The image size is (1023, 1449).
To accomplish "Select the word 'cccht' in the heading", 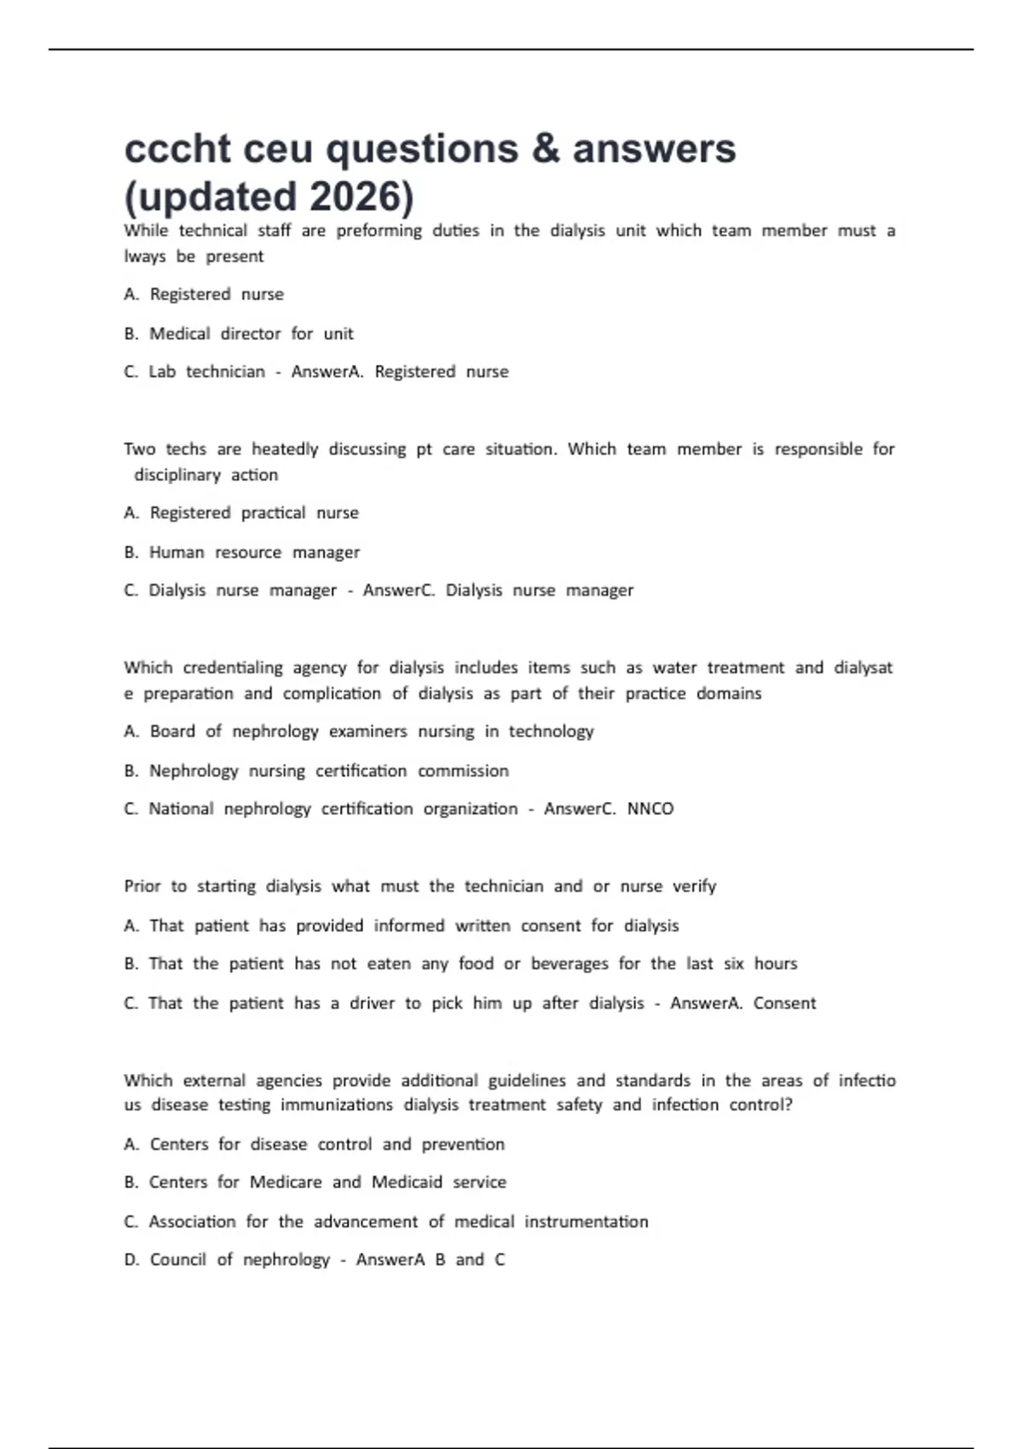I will click(x=177, y=149).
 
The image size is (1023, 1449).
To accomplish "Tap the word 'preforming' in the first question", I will click(x=379, y=231).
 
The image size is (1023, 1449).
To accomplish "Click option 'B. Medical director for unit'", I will click(x=239, y=333).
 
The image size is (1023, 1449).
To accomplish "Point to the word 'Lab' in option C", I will click(x=162, y=372).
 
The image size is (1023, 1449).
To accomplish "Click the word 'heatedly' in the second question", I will click(x=285, y=449).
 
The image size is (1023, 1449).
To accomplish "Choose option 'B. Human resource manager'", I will click(x=242, y=552).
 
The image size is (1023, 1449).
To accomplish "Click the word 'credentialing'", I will click(x=233, y=667).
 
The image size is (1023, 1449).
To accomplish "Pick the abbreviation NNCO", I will click(x=650, y=809).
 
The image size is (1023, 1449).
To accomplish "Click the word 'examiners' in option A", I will click(x=367, y=731).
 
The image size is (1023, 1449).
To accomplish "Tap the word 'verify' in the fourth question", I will click(x=695, y=886).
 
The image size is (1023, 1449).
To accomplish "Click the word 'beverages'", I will click(x=569, y=964).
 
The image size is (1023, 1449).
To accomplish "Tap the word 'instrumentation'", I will click(x=587, y=1221).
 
